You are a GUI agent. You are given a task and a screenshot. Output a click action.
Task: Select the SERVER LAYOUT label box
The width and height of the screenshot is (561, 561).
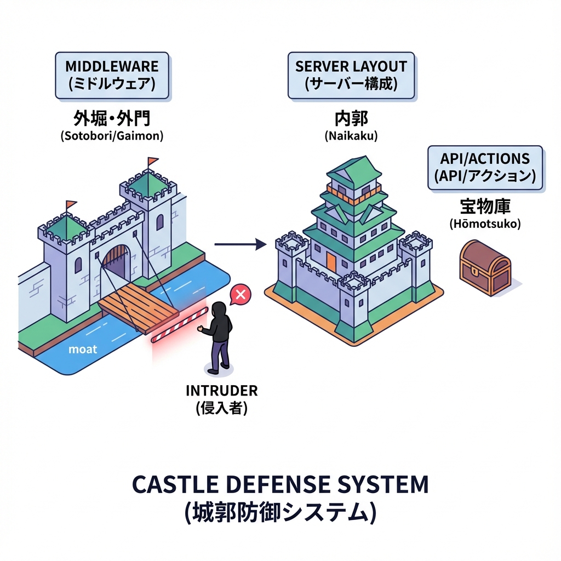tap(351, 76)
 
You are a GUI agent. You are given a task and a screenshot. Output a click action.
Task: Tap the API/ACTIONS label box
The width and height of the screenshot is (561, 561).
tap(485, 167)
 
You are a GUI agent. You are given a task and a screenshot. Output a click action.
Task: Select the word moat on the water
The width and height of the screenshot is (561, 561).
tap(83, 349)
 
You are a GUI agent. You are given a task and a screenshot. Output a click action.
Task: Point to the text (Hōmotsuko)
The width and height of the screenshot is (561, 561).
tap(485, 224)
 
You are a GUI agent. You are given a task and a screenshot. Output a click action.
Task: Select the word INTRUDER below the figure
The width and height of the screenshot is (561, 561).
tap(221, 391)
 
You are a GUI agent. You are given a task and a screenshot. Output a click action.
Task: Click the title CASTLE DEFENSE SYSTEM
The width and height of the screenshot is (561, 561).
tap(280, 484)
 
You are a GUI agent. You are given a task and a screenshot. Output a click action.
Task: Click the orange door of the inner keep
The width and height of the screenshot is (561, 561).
tap(331, 261)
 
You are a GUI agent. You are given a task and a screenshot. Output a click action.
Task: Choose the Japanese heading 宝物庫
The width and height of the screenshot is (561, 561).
tap(485, 207)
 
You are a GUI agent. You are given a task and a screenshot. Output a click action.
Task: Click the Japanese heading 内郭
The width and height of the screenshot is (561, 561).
tap(351, 119)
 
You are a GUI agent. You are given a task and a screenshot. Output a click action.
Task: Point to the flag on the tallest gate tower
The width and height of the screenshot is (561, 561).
tap(152, 161)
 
